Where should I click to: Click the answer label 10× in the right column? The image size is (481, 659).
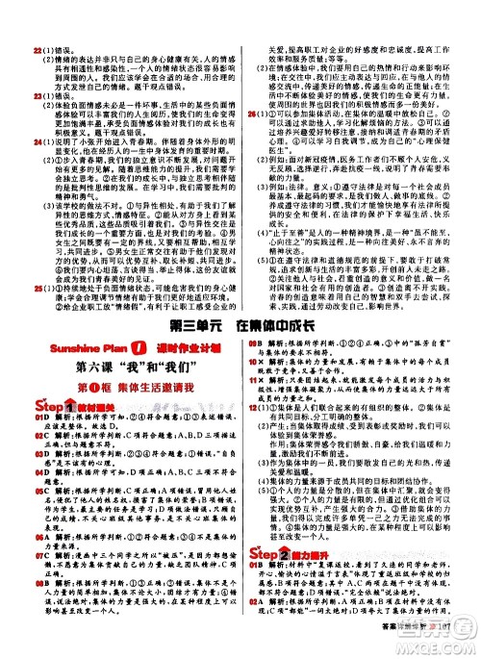[253, 362]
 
